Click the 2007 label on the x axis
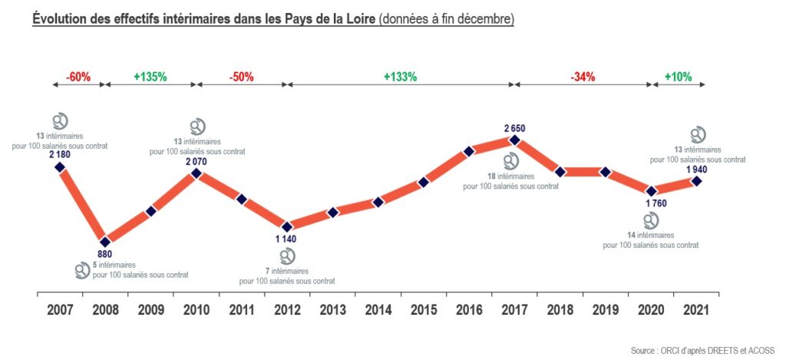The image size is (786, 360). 59,311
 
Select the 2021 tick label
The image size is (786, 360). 695,311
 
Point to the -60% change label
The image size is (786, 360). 78,77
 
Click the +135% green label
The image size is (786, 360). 150,77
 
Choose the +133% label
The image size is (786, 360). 400,77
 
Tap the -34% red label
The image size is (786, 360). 583,77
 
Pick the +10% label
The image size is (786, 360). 678,77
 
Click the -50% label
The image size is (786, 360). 241,77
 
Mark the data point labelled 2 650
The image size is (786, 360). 514,140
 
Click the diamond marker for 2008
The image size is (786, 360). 105,242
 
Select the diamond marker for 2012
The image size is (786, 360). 287,226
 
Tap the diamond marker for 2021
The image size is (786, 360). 696,181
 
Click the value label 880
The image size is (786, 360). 105,255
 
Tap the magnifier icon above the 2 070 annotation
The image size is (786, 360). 197,126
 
